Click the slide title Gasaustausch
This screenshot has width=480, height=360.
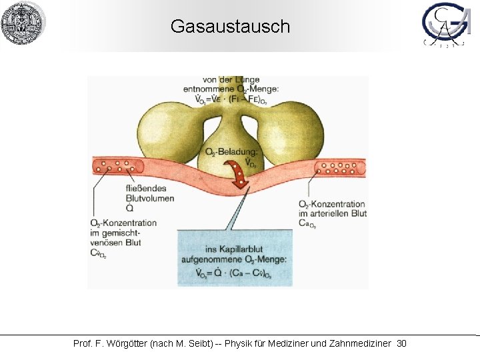[x=230, y=27]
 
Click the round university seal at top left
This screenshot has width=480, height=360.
[x=22, y=23]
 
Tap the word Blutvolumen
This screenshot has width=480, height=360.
[x=150, y=198]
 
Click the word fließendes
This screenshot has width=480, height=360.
[x=149, y=189]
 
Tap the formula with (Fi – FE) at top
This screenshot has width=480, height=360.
[x=231, y=100]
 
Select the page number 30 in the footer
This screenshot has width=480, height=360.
[x=401, y=343]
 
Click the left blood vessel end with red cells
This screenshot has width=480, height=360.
[x=110, y=166]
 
